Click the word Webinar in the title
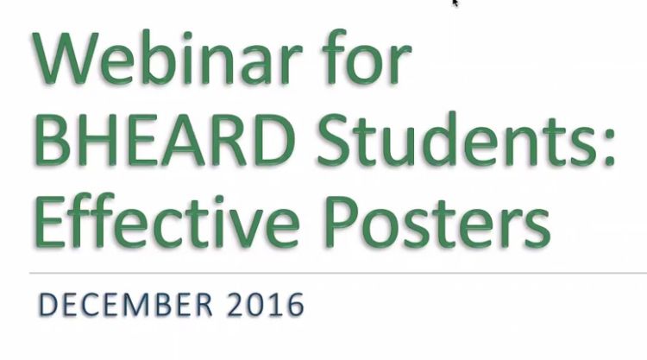coord(166,57)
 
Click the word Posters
coord(437,223)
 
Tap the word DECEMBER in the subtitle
coord(125,305)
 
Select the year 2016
coord(266,305)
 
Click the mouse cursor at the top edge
coord(455,3)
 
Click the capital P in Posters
coord(342,223)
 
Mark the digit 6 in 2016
coord(295,305)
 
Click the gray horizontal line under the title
coord(338,273)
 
